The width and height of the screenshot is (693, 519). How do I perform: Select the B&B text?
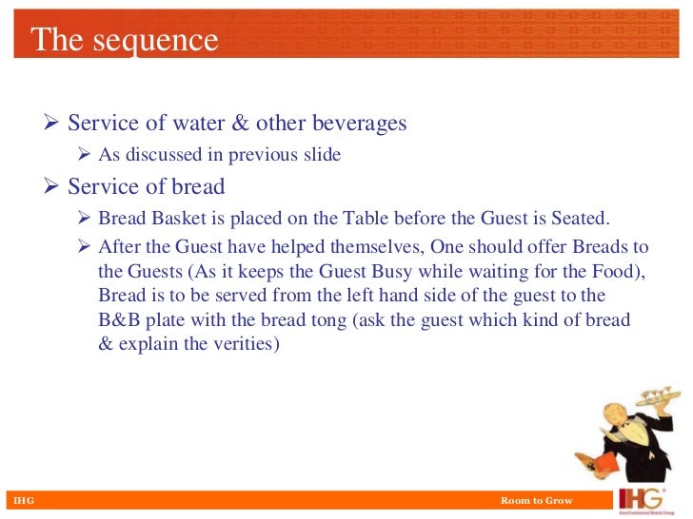(x=118, y=320)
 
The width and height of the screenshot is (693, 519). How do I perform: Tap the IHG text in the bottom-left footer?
(x=19, y=500)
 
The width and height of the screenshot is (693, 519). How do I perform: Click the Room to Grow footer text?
(x=537, y=500)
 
